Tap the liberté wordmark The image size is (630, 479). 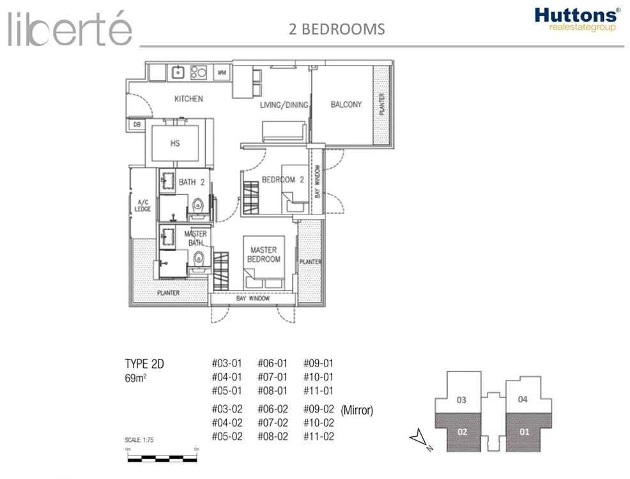coord(70,28)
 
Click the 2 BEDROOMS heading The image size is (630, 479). coord(337,29)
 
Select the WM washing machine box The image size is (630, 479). coord(222,73)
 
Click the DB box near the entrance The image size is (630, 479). coord(137,125)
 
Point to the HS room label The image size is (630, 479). coord(175,143)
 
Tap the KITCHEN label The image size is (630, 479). coord(188,99)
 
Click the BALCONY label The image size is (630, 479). coord(346,104)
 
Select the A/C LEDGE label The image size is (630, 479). coord(142,206)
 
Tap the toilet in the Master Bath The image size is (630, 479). coord(199,259)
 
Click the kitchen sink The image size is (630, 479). coord(178,72)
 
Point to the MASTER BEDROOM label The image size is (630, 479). coord(264,255)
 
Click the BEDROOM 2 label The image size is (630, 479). coord(283,179)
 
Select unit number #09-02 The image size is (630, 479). coord(319,409)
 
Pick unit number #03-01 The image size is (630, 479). coord(227,363)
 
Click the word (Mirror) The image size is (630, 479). coord(357,410)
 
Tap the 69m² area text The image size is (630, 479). coord(135,378)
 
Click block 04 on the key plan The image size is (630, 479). coord(523,399)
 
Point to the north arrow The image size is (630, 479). coord(419,439)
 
